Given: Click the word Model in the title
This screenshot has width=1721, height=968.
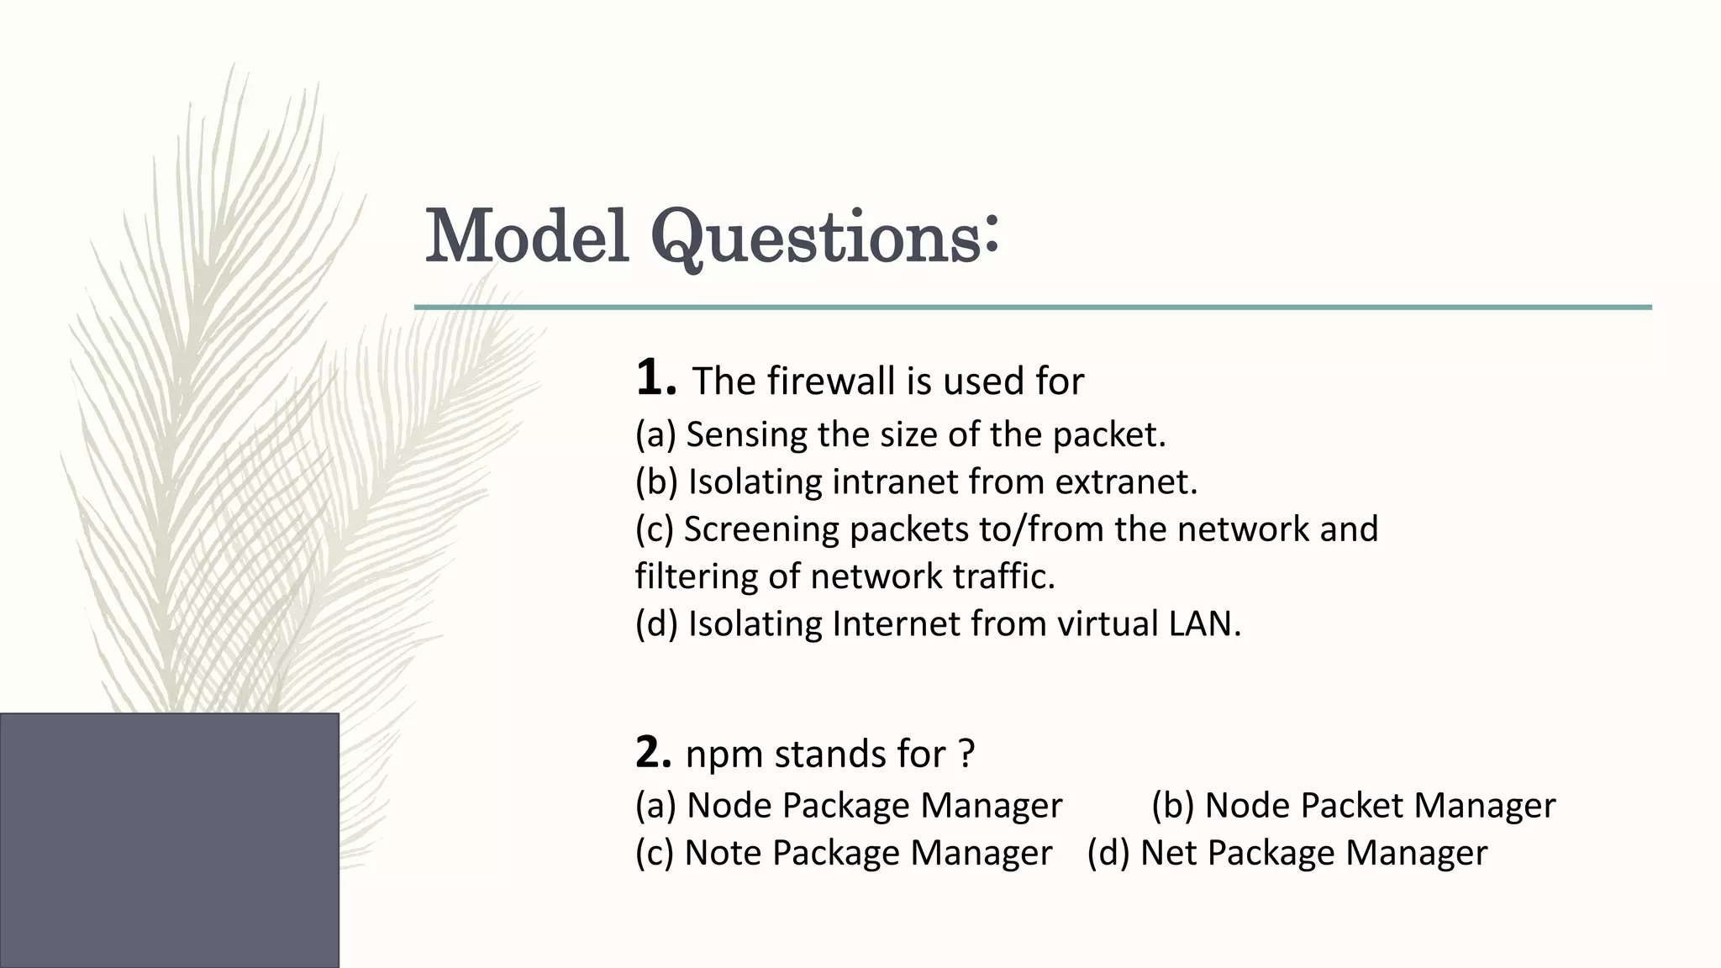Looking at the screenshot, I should [x=527, y=236].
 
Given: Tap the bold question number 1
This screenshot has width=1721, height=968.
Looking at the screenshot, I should [x=654, y=378].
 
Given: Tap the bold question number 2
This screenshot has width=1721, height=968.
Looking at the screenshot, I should [x=652, y=753].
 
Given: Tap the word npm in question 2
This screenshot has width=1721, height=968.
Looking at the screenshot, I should [x=724, y=755].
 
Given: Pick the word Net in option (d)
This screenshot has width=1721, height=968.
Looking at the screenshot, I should [x=1168, y=853].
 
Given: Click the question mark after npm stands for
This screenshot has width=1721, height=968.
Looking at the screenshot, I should [x=966, y=754].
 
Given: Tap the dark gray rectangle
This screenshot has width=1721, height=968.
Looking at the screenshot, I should [x=169, y=839].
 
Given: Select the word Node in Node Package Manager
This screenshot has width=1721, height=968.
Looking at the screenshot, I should [x=729, y=805].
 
